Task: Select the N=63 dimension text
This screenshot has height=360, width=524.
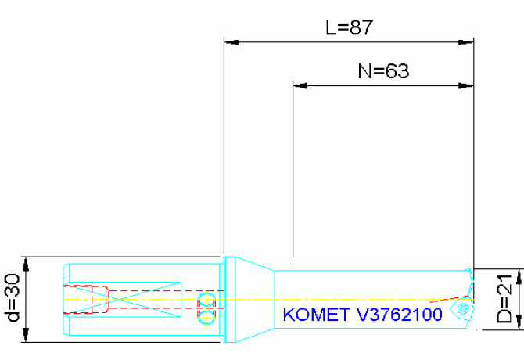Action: pos(384,71)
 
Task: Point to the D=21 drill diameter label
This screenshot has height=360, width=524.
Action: pos(507,301)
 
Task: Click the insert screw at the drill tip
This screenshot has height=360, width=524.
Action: pos(463,311)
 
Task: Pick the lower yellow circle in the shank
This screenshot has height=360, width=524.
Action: pos(206,317)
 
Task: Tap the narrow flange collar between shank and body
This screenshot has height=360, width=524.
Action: pos(229,300)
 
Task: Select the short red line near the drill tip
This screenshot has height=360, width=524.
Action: pos(443,299)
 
